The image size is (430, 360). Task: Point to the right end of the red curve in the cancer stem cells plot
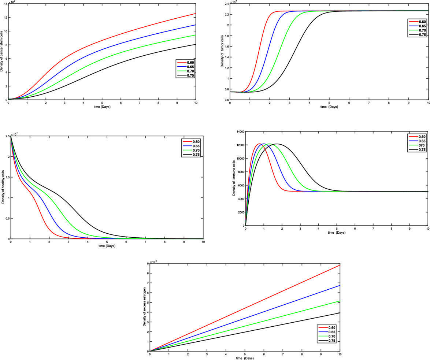click(196, 14)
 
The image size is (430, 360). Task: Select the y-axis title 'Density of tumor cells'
click(222, 50)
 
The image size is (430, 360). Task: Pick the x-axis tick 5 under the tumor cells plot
click(329, 103)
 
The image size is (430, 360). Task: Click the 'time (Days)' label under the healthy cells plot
click(107, 246)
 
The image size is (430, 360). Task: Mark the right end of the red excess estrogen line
click(340, 265)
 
